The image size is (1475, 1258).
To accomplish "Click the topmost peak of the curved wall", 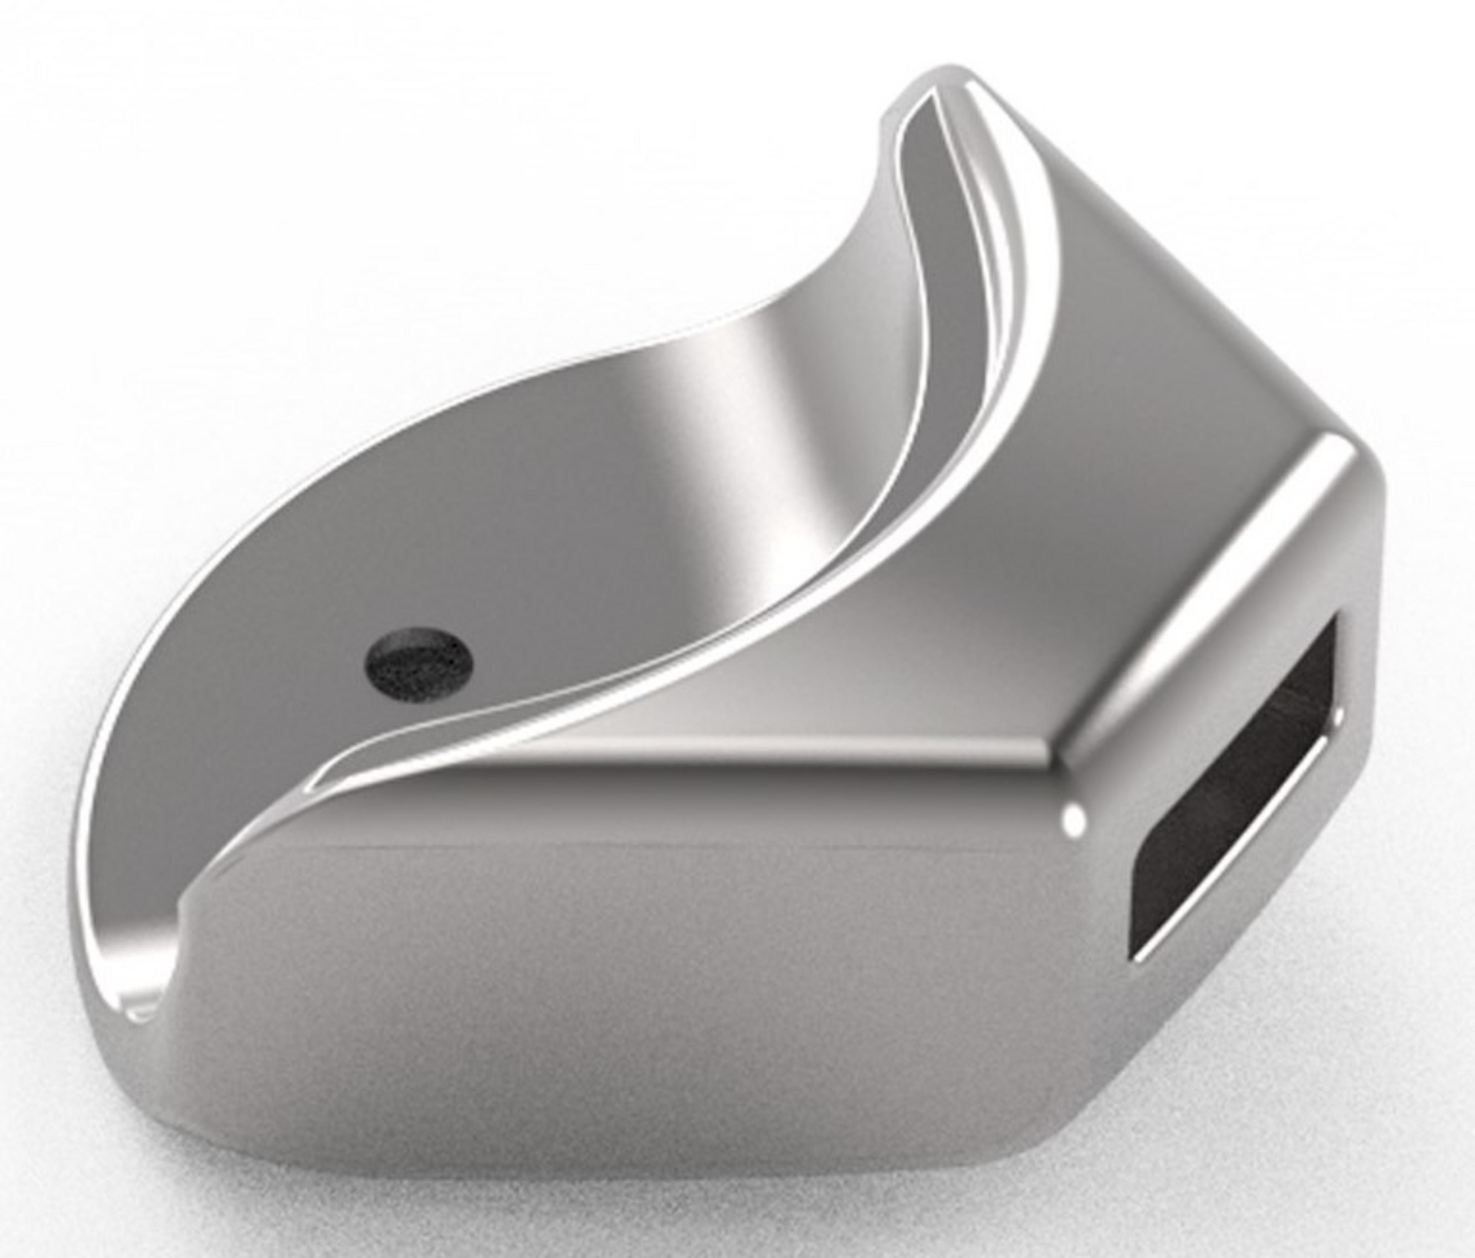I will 950,77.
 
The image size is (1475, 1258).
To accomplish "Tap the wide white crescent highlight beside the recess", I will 997,235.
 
